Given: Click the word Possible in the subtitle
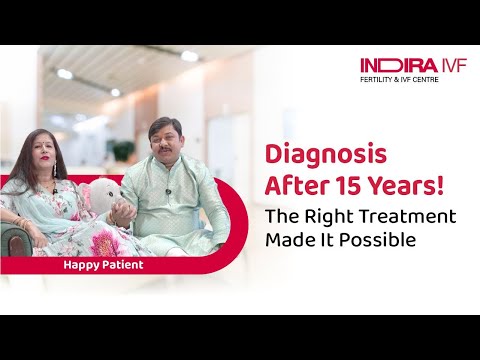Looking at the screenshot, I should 387,240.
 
